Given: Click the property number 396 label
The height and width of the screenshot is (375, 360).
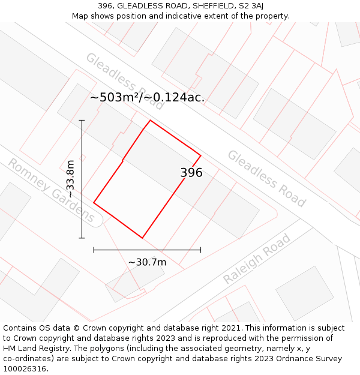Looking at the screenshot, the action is pos(191,173).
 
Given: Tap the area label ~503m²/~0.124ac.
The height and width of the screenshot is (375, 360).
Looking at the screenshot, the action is pos(147,97).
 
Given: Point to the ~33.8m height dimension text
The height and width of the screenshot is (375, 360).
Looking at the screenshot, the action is pos(71,179).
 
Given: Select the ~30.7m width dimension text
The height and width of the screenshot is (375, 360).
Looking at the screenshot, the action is pos(147,262).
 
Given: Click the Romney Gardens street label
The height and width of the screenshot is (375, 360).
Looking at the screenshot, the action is pos(51,190).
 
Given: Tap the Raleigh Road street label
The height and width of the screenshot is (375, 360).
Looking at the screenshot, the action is pos(257,259).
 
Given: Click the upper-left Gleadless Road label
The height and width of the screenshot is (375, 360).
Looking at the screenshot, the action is pos(125,81).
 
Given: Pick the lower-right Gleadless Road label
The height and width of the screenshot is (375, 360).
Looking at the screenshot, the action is pos(266,178).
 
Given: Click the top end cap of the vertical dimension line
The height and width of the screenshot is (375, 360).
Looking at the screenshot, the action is pos(82,120).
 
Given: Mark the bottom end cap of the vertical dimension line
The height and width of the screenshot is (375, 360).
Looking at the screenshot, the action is pos(82,238).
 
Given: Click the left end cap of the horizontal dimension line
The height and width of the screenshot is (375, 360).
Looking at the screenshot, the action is pos(94,250).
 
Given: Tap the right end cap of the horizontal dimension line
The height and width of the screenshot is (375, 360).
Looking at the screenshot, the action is pos(200,250).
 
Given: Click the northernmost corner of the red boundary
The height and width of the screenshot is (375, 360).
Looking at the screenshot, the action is pos(150,121).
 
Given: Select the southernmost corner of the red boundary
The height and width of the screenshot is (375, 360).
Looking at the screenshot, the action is pos(142,238).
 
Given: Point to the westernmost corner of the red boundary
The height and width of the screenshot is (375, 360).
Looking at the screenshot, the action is pos(94,202).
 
